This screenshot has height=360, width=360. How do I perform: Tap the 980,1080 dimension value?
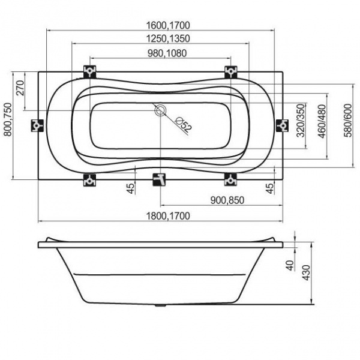160,54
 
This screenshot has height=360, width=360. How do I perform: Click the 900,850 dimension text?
226,200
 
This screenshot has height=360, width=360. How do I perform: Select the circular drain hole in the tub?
161,111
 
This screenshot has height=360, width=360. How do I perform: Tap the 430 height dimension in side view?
306,271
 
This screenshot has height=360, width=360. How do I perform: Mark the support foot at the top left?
91,71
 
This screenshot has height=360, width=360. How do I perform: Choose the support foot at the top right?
230,71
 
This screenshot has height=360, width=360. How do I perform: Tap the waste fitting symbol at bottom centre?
160,179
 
